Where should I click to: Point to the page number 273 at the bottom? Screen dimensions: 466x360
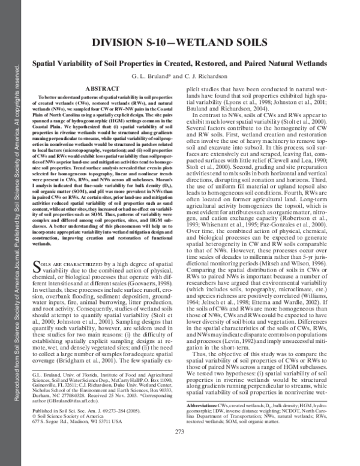(x=180, y=448)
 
